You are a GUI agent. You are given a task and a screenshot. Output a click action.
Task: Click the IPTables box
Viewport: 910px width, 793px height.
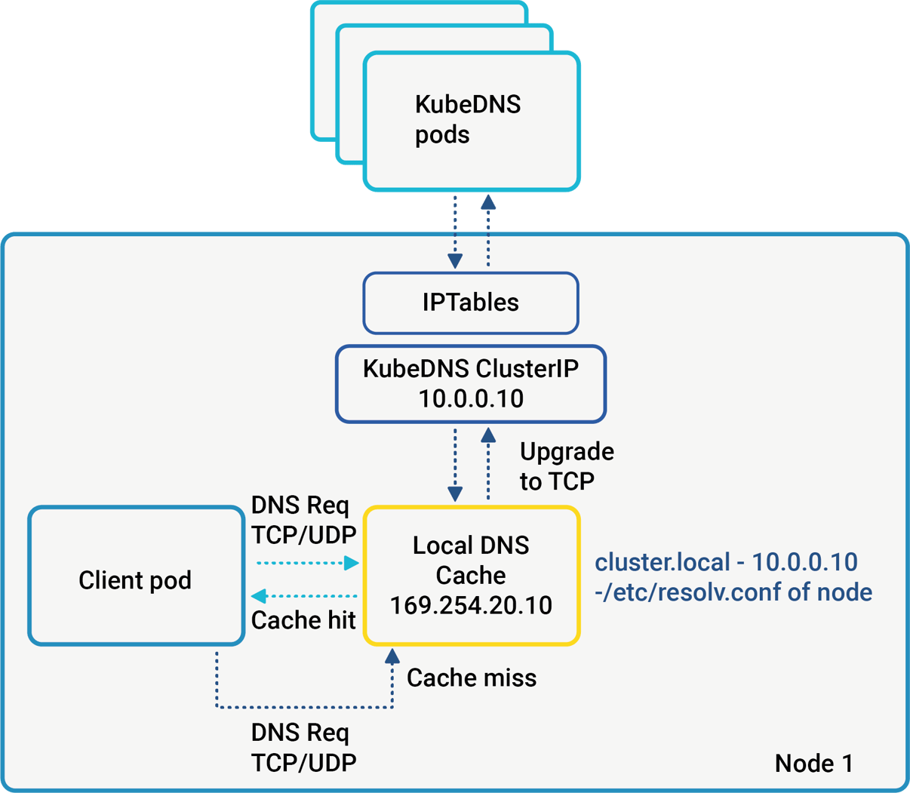coord(470,303)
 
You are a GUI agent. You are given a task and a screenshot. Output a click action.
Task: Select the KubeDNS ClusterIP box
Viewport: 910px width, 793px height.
coord(470,383)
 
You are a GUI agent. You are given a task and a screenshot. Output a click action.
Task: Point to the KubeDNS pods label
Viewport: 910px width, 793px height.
coord(467,119)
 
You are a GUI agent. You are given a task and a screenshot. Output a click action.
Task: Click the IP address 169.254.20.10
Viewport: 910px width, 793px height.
coord(471,605)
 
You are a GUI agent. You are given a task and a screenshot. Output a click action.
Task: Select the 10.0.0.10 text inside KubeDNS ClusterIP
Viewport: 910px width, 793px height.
coord(471,398)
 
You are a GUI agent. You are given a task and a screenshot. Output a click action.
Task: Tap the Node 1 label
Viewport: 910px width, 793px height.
coord(813,763)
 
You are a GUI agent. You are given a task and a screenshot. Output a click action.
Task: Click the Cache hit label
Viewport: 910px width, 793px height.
coord(303,620)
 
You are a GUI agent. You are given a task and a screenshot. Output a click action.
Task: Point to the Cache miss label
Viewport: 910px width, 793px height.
coord(472,678)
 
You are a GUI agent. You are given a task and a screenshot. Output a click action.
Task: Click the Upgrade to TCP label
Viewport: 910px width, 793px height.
coord(566,466)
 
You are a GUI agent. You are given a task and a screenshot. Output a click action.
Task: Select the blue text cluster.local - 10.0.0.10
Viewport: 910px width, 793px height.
coord(726,562)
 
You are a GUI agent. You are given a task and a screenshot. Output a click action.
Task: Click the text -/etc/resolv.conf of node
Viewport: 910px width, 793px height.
coord(733,592)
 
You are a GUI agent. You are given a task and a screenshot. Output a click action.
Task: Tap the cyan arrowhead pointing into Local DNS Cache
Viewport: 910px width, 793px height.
coord(352,562)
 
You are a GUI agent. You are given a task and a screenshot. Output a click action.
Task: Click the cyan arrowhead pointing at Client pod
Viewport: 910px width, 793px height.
coord(258,596)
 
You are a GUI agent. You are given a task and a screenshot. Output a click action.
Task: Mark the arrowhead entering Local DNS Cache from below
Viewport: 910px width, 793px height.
coord(392,656)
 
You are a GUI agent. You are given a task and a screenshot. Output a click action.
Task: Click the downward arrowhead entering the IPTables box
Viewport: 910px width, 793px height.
coord(455,261)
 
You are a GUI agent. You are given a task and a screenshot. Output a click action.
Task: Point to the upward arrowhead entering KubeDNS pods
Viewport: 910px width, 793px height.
coord(488,201)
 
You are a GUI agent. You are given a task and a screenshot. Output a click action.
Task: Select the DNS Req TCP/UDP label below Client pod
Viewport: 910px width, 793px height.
coord(303,747)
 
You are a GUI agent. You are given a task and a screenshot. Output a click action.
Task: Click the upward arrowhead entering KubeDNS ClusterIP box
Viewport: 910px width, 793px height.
coord(488,435)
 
